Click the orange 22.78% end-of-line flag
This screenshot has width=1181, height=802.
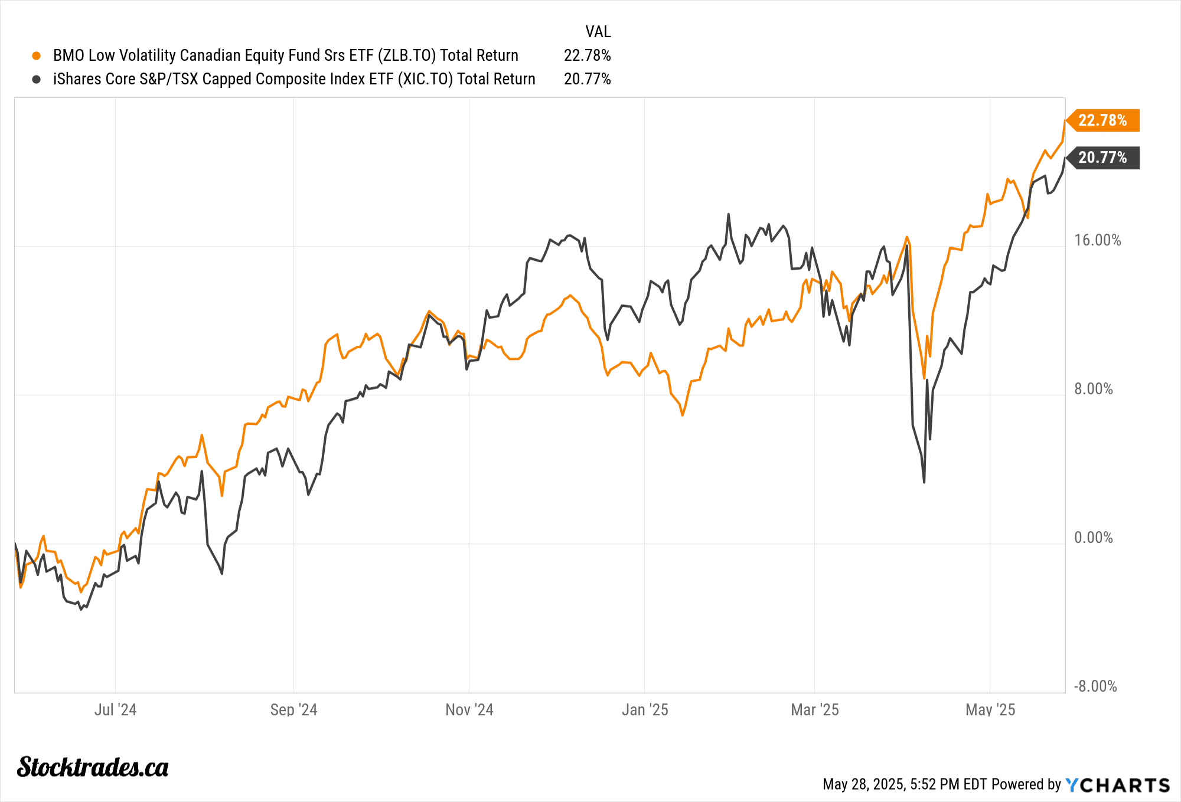point(1102,120)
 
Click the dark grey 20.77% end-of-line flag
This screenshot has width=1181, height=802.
point(1102,158)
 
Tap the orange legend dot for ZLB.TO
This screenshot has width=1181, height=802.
point(37,55)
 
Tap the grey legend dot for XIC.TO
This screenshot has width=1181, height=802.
point(37,79)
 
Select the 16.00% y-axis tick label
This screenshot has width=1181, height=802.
point(1097,240)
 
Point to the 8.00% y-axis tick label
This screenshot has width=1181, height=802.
point(1093,389)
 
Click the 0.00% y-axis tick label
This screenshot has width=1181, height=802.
point(1093,538)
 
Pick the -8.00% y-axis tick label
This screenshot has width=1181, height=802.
point(1095,686)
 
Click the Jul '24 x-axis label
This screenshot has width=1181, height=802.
point(115,709)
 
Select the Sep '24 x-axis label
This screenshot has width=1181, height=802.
point(293,709)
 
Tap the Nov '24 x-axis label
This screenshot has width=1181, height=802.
point(469,709)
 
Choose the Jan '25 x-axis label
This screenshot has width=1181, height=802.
point(645,709)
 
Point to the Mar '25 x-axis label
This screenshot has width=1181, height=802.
point(814,709)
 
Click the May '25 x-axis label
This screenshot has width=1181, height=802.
point(990,709)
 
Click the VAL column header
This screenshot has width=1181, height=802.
point(598,31)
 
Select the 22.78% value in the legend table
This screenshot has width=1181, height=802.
point(587,55)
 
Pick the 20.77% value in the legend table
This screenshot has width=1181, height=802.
point(587,79)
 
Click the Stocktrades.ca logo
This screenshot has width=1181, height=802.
point(93,767)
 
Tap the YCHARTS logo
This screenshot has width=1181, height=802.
point(1117,785)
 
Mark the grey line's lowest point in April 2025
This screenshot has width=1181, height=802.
point(924,482)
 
